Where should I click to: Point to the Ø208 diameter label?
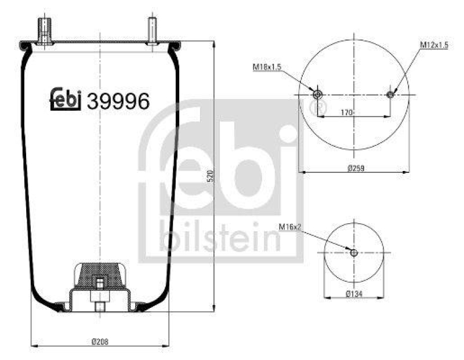[x=100, y=341]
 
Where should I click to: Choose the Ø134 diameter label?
[x=354, y=294]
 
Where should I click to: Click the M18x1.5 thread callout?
[x=266, y=67]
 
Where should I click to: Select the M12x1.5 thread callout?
[x=434, y=45]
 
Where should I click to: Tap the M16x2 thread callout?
[x=291, y=227]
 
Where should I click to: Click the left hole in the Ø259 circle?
[x=317, y=94]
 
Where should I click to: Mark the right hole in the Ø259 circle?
[x=390, y=94]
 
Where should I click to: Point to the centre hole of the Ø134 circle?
[x=354, y=252]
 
